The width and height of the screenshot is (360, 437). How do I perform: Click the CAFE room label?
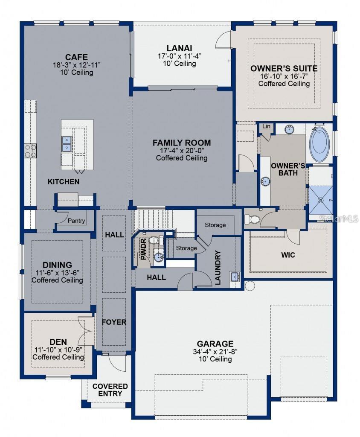click(76, 57)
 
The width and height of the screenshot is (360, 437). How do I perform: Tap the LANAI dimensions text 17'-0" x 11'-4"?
click(179, 56)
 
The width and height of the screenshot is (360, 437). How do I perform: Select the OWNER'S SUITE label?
click(284, 68)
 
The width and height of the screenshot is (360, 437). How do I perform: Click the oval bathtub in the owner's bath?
click(319, 143)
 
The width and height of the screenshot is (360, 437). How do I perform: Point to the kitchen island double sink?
click(67, 144)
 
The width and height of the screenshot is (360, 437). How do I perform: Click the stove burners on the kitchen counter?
click(31, 150)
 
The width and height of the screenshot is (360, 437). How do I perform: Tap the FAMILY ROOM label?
click(182, 143)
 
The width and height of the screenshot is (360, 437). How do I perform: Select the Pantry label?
click(76, 221)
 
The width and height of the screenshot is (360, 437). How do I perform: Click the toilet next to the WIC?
click(252, 219)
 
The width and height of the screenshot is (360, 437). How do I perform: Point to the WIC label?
click(288, 255)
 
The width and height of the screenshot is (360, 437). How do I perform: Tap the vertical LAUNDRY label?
click(218, 268)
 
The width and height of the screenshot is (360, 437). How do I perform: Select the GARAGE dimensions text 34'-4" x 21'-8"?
click(215, 352)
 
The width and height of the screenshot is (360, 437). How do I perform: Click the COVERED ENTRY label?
click(110, 390)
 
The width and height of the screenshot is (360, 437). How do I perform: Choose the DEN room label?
click(58, 341)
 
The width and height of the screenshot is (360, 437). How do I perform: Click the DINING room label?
click(57, 265)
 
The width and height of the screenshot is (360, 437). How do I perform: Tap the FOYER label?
click(114, 322)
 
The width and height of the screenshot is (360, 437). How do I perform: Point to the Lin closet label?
click(266, 126)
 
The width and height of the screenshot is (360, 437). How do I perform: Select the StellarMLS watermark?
click(339, 218)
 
